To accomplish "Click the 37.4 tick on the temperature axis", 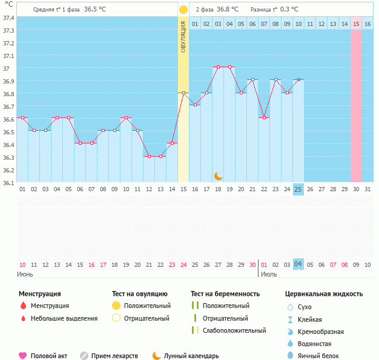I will pos(8,18).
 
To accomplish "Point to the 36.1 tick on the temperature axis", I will pos(8,182).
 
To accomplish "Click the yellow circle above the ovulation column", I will pos(183,10).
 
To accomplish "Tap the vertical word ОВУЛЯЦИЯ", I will pos(183,36).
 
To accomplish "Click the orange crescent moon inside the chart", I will pos(219,175).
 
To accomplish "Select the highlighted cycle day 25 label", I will pos(298,189).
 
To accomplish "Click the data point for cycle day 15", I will pos(183,93).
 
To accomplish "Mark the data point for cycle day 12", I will pos(149,156).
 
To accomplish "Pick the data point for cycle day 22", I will pos(264,117).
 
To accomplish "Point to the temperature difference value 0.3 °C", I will pos(289,10).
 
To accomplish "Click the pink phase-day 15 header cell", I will pos(356,24).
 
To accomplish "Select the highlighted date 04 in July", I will pos(298,264).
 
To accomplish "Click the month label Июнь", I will pos(26,274).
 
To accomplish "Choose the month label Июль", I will pos(268,274).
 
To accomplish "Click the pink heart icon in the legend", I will pos(23,356).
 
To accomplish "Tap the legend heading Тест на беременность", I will pos(225,294).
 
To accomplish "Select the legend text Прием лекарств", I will pos(114,356).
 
